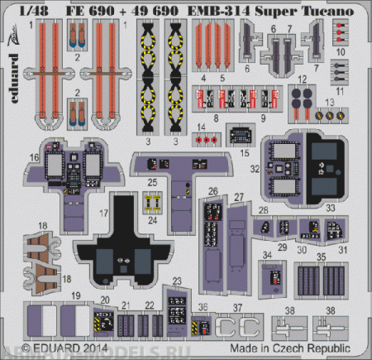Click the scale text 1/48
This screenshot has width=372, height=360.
(16, 9)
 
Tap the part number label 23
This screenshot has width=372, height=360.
(178, 281)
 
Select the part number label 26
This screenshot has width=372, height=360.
(213, 192)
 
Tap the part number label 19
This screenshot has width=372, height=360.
(75, 295)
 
